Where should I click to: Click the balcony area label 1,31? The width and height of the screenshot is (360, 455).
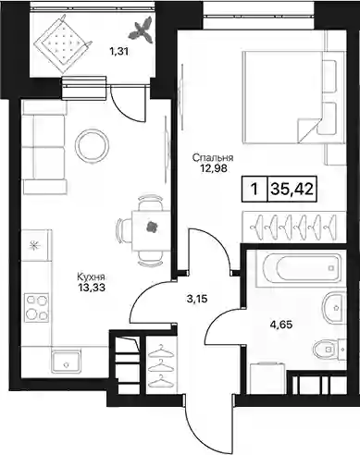tap(118, 52)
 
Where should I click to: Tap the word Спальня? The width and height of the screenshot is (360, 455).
tap(213, 158)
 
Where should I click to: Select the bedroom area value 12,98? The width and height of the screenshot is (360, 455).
tap(214, 168)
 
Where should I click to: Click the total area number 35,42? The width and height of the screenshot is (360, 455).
tap(292, 189)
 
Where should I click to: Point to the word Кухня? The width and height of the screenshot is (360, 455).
tap(92, 277)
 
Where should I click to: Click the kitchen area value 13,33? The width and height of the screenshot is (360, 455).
tap(92, 288)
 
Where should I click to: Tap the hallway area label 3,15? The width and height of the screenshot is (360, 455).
tap(197, 299)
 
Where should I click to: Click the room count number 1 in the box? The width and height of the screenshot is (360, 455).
tap(254, 189)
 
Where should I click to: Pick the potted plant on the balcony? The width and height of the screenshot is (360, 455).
tap(142, 31)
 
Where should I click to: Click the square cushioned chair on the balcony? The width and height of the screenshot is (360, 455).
tap(63, 42)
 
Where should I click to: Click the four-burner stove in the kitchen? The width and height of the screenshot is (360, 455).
tap(37, 308)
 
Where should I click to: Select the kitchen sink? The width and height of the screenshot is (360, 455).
tap(66, 362)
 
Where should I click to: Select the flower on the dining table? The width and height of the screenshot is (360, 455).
tap(152, 227)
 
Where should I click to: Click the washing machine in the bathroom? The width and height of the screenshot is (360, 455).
tap(267, 378)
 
